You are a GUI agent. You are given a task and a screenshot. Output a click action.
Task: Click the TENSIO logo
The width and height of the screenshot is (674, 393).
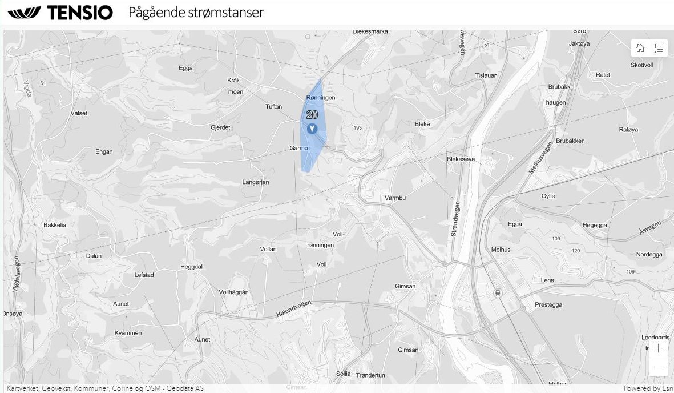click(x=60, y=13)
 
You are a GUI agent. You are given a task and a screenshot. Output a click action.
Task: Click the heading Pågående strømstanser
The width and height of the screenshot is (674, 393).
click(x=196, y=13)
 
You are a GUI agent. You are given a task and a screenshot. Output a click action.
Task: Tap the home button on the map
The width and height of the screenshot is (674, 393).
click(x=640, y=48)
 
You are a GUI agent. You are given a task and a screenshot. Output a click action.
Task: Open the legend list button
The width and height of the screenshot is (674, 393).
click(x=658, y=48)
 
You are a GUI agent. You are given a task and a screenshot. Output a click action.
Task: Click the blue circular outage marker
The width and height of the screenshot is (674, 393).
click(x=312, y=129)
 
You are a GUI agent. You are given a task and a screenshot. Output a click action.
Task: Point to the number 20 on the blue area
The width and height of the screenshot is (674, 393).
click(x=312, y=114)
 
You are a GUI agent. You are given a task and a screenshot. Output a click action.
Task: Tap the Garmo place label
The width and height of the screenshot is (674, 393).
click(x=298, y=148)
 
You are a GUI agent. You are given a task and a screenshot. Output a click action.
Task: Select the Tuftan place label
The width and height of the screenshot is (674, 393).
click(x=274, y=107)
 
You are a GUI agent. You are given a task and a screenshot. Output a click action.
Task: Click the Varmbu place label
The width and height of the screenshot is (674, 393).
click(x=395, y=198)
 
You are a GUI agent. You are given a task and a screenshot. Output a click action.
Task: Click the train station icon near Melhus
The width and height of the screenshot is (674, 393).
click(x=498, y=292)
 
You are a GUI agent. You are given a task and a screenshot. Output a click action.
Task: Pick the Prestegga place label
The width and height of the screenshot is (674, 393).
click(x=548, y=305)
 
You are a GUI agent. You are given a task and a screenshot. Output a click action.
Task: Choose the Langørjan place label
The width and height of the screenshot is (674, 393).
click(x=256, y=182)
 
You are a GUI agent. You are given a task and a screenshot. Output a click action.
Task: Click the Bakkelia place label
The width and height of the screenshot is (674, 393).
click(x=55, y=225)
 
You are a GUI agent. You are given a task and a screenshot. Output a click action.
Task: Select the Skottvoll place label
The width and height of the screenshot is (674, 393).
click(x=641, y=65)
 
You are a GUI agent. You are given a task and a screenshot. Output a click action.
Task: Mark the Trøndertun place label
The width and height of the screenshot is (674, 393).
click(x=370, y=375)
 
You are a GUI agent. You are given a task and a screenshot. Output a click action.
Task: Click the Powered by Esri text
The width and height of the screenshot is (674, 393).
click(x=648, y=388)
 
